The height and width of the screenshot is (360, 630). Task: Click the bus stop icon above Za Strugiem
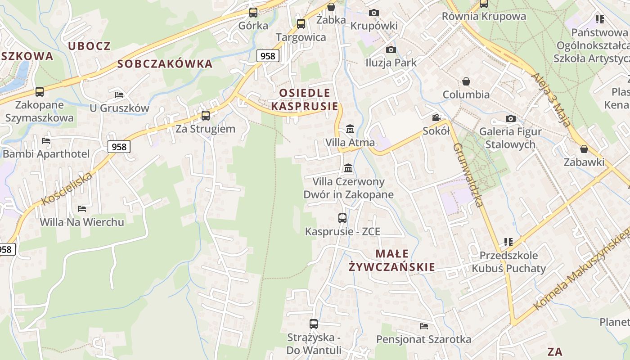tap(206, 116)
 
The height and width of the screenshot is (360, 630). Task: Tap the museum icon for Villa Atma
tap(350, 130)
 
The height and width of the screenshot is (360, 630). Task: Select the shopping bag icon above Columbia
tap(466, 81)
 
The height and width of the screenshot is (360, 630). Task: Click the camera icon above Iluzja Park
tap(391, 49)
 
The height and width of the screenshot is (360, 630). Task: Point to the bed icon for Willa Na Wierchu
tap(81, 209)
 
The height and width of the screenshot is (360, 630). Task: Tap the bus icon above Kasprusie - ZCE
tap(342, 218)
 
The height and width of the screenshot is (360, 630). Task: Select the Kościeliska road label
tap(67, 189)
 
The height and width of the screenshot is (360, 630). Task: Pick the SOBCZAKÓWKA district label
tap(165, 64)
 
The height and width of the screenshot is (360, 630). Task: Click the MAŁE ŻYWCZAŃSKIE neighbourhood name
tap(391, 260)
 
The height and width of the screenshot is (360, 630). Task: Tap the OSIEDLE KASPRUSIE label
tap(305, 99)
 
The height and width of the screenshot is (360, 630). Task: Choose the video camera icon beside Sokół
tap(436, 118)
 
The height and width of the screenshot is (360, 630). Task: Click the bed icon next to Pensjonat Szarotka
tap(423, 326)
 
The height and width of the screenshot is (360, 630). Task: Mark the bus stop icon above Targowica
tap(301, 24)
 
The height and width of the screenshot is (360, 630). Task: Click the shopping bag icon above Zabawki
tap(584, 149)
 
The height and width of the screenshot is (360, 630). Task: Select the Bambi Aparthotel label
tap(46, 153)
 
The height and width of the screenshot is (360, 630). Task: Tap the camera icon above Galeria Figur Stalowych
tap(510, 118)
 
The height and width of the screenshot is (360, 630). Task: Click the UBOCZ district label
tap(89, 46)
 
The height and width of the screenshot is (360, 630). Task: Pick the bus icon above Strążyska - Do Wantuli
tap(314, 324)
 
